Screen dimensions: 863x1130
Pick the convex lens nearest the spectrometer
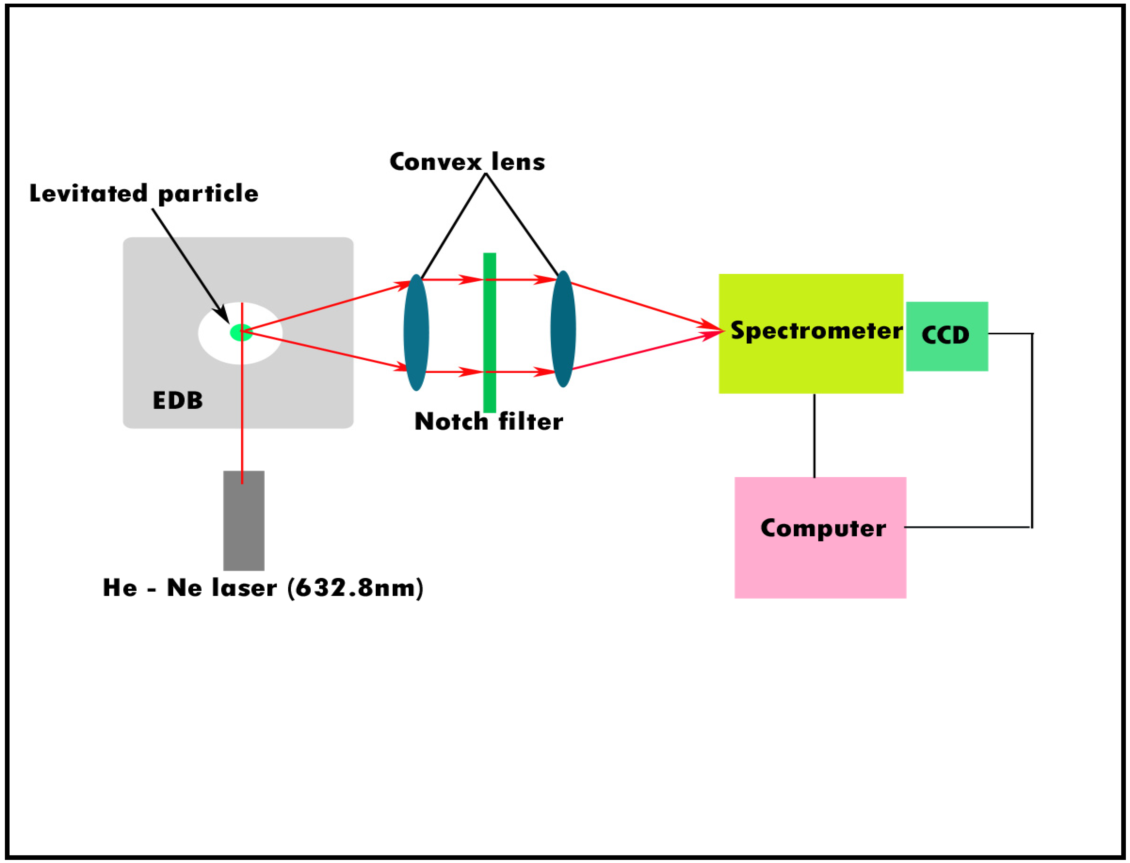click(563, 329)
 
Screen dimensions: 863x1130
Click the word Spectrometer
click(816, 330)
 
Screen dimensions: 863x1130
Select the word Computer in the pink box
click(823, 528)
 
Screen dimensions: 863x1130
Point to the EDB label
click(178, 401)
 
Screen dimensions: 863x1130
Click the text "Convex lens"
click(467, 162)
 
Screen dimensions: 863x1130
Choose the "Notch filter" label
click(488, 422)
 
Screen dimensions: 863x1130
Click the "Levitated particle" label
click(144, 194)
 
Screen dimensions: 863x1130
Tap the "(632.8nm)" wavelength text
click(355, 588)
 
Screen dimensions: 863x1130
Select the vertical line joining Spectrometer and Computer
click(814, 436)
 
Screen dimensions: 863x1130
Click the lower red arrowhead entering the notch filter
click(471, 371)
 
